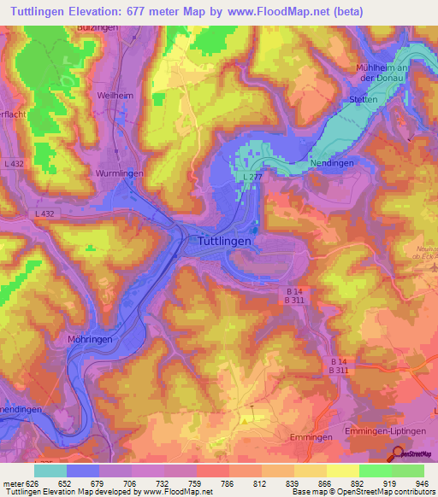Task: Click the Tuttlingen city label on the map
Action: pyautogui.click(x=219, y=242)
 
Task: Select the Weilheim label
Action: pyautogui.click(x=115, y=96)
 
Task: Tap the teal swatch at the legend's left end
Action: pyautogui.click(x=50, y=471)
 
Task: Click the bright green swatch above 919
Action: pyautogui.click(x=375, y=471)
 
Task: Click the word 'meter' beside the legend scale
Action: pyautogui.click(x=9, y=483)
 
